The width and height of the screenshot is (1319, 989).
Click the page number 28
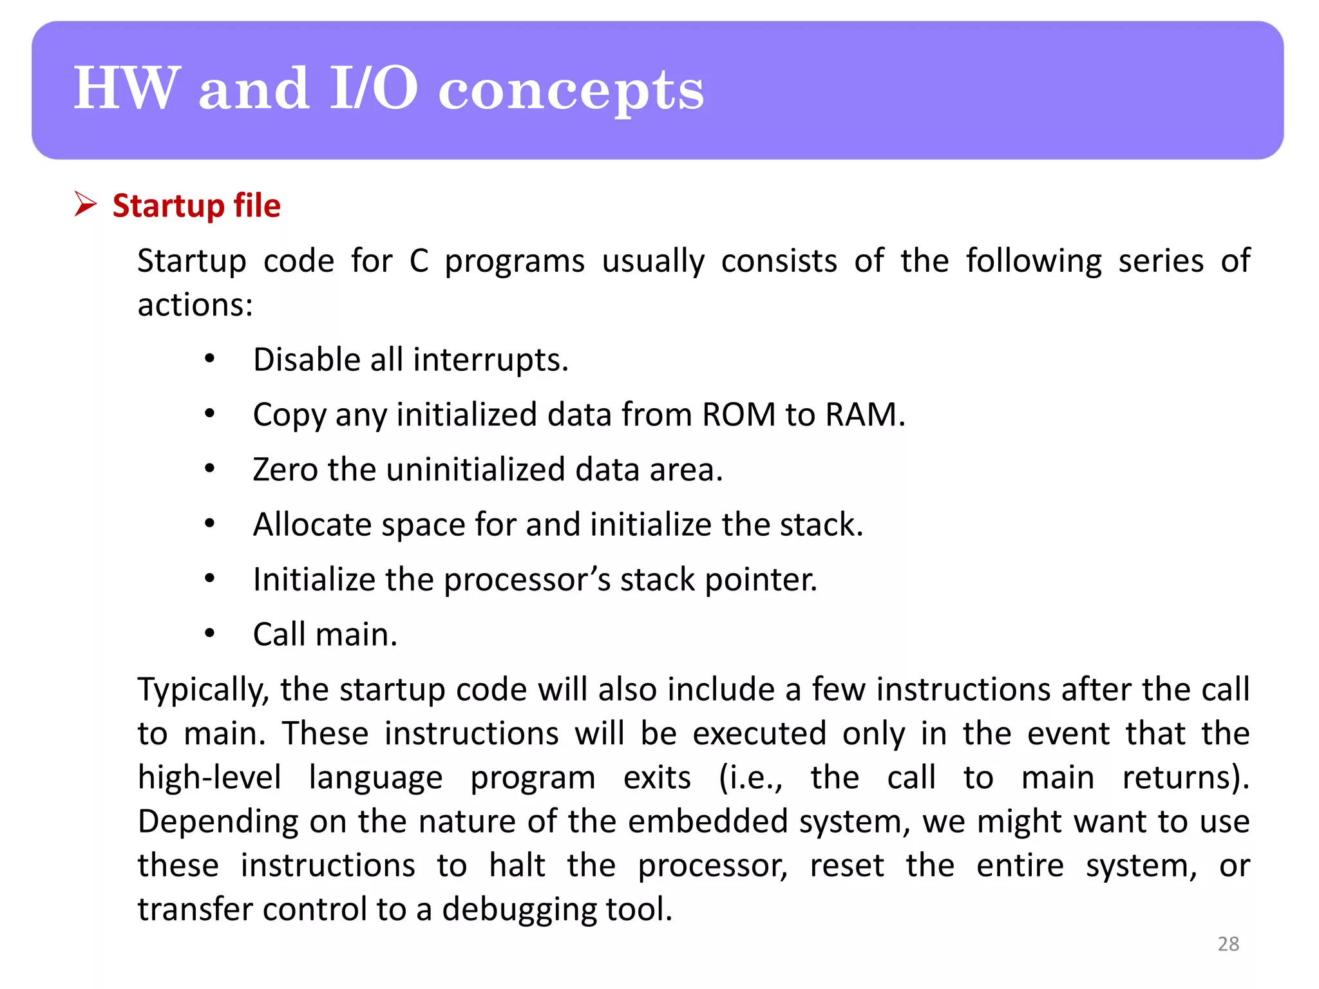click(1228, 943)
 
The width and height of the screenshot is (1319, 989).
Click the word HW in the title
click(126, 89)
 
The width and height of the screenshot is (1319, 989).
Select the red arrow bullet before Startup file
click(84, 204)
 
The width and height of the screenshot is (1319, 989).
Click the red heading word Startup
click(168, 206)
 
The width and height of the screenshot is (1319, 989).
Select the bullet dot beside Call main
click(209, 634)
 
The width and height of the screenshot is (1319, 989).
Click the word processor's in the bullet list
click(527, 580)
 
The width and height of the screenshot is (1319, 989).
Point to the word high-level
click(209, 778)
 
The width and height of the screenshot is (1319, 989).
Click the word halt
click(517, 865)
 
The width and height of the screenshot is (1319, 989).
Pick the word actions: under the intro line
click(195, 305)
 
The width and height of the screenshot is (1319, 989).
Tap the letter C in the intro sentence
click(419, 261)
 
